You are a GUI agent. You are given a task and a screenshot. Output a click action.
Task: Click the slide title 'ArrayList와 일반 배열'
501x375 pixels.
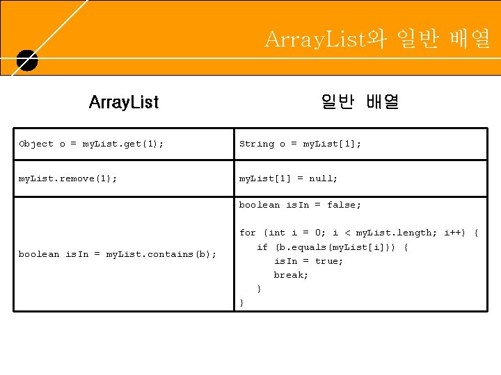[x=378, y=40]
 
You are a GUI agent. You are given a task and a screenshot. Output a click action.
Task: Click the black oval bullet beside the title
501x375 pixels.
[x=26, y=61]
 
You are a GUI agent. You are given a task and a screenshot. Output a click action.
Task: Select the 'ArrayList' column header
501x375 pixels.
[x=124, y=103]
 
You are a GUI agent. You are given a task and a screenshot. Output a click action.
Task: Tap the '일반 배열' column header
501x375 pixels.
[x=360, y=103]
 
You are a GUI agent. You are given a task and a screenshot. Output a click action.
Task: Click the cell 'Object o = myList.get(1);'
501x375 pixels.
[x=92, y=144]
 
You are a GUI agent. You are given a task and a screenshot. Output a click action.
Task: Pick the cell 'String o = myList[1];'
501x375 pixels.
[x=300, y=144]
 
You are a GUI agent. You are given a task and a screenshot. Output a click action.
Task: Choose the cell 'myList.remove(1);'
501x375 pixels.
[x=67, y=178]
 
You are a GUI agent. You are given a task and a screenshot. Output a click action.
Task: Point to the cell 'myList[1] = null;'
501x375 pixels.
[x=288, y=178]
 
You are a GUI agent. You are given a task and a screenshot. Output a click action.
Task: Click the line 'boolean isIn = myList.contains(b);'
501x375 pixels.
[x=118, y=254]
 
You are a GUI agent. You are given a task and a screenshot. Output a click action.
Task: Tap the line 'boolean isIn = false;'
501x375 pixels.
[x=300, y=205]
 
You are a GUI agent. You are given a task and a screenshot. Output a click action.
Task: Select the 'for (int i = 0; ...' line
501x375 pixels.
[x=358, y=233]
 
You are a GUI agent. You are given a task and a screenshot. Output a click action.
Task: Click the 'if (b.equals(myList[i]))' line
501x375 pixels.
[x=333, y=247]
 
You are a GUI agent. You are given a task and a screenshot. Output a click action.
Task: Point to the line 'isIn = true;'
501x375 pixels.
[x=308, y=261]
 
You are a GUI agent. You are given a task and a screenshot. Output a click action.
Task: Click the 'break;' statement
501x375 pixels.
[x=291, y=275]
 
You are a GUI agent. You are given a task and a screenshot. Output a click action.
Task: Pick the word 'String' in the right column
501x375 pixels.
[x=257, y=144]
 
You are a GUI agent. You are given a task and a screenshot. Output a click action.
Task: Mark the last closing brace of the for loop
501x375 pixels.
[x=241, y=303]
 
